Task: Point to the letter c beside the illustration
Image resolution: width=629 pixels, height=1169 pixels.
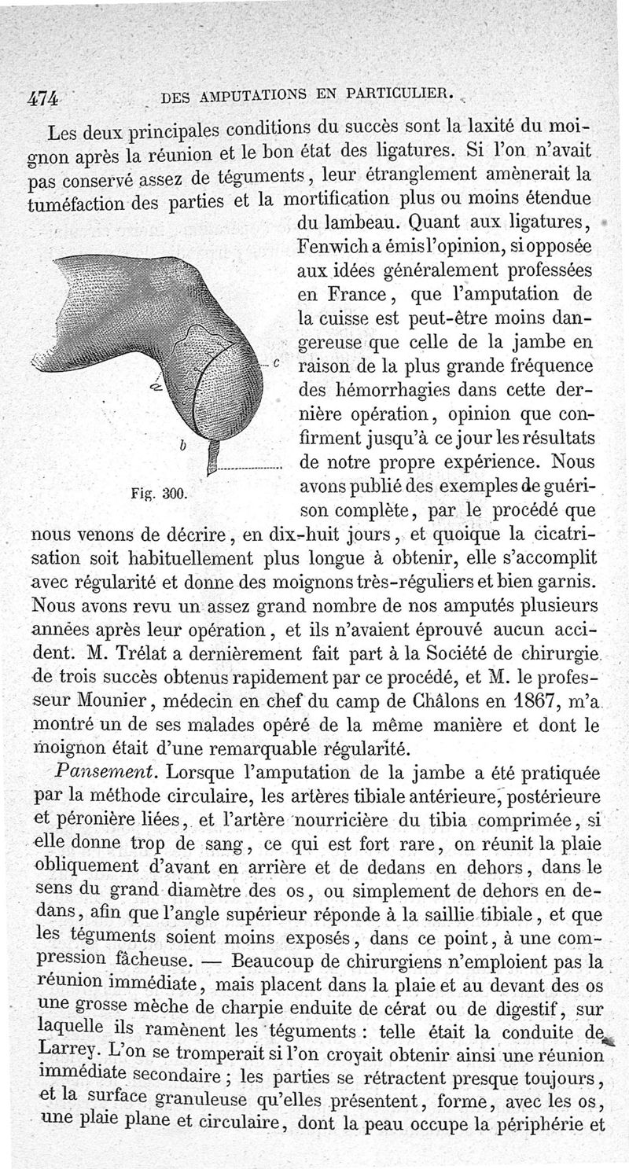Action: click(277, 363)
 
